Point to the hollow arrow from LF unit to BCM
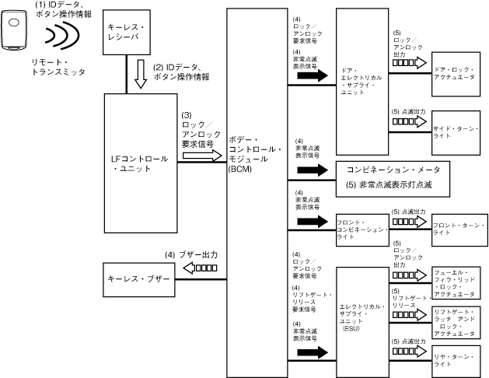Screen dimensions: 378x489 click(201, 155)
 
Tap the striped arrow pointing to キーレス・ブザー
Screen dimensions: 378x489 click(199, 268)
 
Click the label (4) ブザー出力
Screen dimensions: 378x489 click(190, 254)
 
